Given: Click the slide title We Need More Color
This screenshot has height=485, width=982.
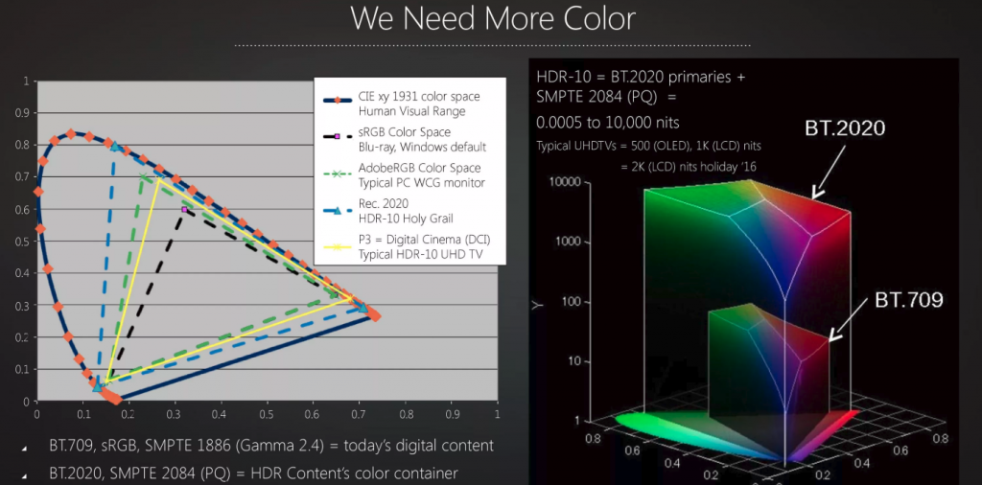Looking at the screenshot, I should coord(493,19).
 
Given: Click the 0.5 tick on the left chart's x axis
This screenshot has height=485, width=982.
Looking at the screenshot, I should coord(267,415).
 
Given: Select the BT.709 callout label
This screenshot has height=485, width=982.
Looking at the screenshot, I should coord(908,300).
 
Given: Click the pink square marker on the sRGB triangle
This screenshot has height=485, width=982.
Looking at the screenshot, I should coord(185,209).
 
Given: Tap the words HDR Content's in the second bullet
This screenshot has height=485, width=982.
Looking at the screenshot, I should coord(316,473).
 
